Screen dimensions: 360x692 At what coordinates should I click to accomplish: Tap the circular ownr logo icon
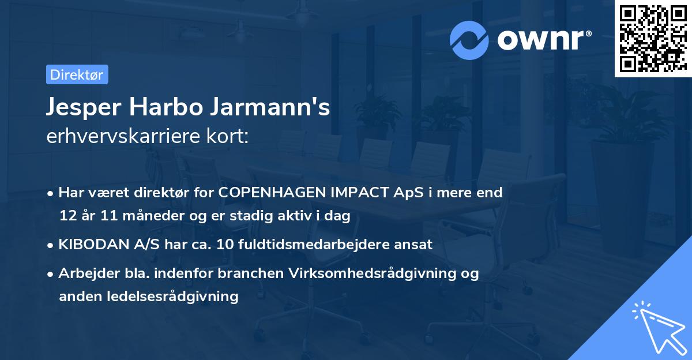click(469, 40)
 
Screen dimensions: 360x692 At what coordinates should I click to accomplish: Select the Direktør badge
click(77, 74)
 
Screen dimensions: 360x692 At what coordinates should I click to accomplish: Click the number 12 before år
click(67, 216)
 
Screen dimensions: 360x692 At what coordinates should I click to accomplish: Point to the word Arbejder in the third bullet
click(84, 273)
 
